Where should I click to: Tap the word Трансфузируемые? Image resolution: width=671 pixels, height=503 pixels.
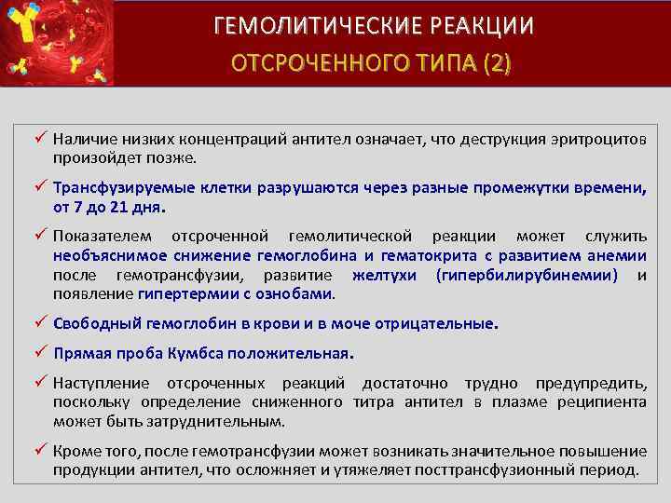pyautogui.click(x=112, y=187)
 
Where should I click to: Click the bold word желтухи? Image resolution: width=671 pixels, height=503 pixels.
pyautogui.click(x=383, y=275)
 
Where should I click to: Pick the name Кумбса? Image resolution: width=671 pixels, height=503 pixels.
pyautogui.click(x=190, y=355)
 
